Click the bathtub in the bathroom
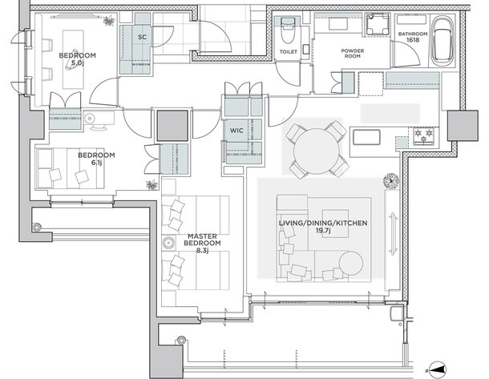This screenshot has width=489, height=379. click(x=443, y=40)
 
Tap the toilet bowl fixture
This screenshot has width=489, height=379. click(x=288, y=30)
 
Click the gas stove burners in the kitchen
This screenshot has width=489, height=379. click(x=424, y=135)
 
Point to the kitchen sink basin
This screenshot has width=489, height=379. click(x=366, y=138)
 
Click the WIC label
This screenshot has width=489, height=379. click(x=236, y=131)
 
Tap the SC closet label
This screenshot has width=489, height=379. click(x=142, y=37)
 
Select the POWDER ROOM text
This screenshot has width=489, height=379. click(x=353, y=54)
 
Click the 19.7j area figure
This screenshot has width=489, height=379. click(x=323, y=230)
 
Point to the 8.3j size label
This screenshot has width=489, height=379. click(x=202, y=250)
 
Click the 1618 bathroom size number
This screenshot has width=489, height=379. click(x=413, y=40)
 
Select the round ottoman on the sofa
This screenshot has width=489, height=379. click(x=351, y=263)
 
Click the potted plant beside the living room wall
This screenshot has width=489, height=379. click(x=391, y=181)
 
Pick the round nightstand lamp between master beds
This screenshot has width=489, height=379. click(x=168, y=243)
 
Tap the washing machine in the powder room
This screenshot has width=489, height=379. click(x=378, y=24)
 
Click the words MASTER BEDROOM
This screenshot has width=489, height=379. click(x=202, y=240)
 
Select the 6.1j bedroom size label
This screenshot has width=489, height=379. click(x=96, y=162)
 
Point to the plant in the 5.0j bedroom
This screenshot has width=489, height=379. click(x=109, y=21)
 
